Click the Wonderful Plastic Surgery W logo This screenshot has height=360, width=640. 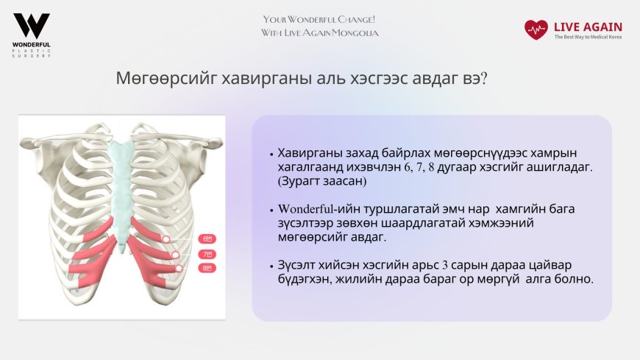32,26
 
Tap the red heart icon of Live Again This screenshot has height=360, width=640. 536,29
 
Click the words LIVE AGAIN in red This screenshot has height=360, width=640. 588,27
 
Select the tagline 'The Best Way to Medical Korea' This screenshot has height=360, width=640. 588,38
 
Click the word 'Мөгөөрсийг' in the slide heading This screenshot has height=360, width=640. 152,79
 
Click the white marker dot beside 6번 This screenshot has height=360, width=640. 167,239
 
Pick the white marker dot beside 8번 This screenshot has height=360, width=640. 178,268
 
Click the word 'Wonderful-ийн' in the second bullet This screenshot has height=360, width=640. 317,209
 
